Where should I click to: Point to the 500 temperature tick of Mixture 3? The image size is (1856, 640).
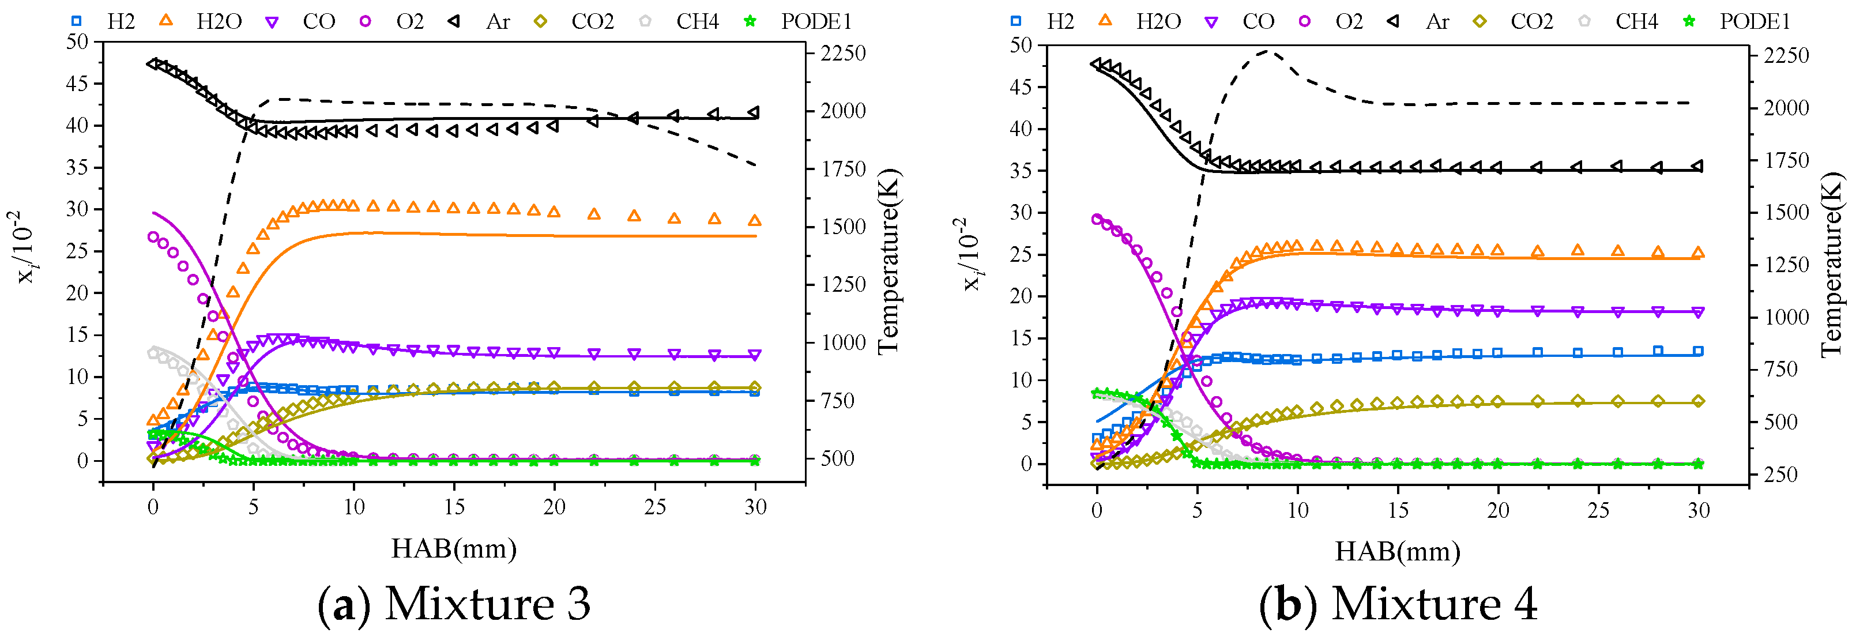tap(837, 458)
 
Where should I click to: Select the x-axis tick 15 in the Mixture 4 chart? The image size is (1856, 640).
tap(1398, 510)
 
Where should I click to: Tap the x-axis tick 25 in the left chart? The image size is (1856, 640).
tap(655, 507)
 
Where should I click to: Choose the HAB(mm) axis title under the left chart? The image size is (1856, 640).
tap(454, 548)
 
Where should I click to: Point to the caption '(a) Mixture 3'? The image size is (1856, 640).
tap(454, 603)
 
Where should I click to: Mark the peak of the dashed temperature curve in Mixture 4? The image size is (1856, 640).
tap(1268, 51)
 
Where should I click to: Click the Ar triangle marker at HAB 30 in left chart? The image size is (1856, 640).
tap(754, 112)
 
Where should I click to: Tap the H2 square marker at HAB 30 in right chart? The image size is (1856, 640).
tap(1698, 352)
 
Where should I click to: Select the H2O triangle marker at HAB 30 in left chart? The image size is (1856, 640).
tap(754, 220)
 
